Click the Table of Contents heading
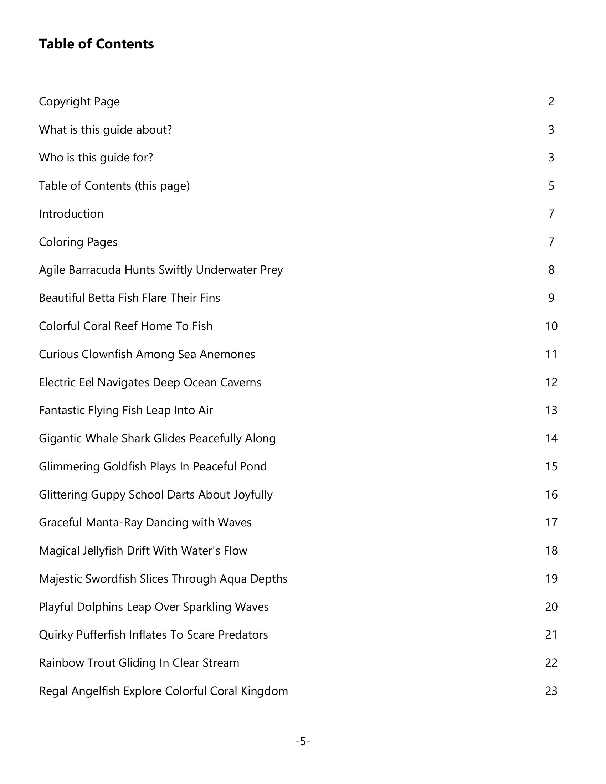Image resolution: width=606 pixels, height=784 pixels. [x=96, y=44]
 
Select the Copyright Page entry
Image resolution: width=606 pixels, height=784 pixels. [x=79, y=102]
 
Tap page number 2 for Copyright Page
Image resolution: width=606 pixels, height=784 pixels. [x=551, y=102]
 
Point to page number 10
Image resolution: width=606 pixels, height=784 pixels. [x=551, y=326]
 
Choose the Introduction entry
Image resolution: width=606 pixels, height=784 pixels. [x=71, y=214]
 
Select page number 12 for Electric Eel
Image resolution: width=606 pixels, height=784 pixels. [x=551, y=382]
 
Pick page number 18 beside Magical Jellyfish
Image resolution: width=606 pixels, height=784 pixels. [x=551, y=551]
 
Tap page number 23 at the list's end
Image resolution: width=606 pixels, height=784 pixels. [x=551, y=691]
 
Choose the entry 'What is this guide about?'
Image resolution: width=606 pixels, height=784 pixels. [x=105, y=130]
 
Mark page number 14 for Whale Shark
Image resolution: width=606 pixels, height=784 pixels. [x=551, y=438]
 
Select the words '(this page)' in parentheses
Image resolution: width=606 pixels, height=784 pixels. [x=162, y=186]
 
